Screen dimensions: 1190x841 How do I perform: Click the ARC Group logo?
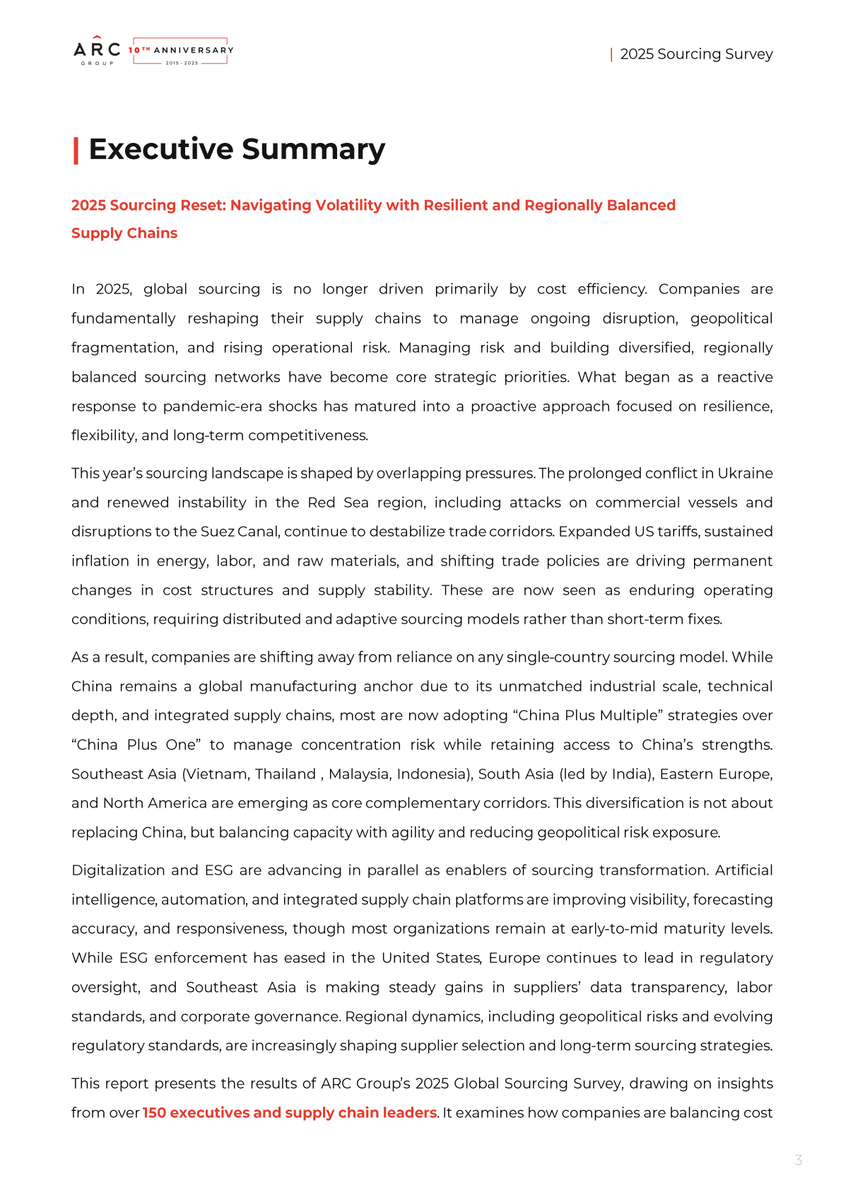click(97, 51)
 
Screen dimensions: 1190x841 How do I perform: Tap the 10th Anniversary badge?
click(181, 51)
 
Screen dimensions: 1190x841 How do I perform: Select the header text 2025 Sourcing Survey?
click(696, 54)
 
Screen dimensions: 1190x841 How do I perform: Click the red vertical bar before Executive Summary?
click(76, 151)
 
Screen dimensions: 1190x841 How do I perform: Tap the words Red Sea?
click(338, 503)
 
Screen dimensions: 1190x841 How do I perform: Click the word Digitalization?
click(118, 870)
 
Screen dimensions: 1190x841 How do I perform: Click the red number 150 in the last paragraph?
click(153, 1113)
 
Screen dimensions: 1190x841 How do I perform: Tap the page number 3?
click(799, 1160)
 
